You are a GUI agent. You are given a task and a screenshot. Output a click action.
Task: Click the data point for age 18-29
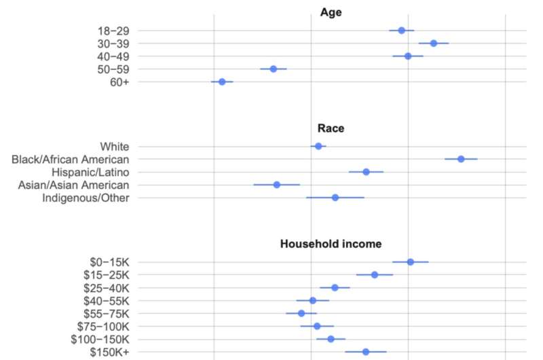pyautogui.click(x=402, y=31)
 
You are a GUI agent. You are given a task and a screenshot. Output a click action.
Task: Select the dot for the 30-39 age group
pyautogui.click(x=434, y=43)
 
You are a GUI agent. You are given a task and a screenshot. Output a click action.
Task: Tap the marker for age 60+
pyautogui.click(x=222, y=82)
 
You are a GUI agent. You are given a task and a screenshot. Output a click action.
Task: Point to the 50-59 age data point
pyautogui.click(x=274, y=69)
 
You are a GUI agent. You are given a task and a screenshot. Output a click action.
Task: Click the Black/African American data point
pyautogui.click(x=461, y=159)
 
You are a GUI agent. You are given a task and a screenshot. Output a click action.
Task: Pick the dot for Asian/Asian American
pyautogui.click(x=277, y=185)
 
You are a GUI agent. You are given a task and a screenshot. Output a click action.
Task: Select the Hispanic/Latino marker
pyautogui.click(x=366, y=172)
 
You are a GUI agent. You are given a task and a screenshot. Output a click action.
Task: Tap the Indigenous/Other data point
pyautogui.click(x=335, y=198)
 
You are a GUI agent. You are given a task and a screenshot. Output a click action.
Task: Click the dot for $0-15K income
pyautogui.click(x=411, y=262)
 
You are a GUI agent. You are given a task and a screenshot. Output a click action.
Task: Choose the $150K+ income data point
pyautogui.click(x=366, y=352)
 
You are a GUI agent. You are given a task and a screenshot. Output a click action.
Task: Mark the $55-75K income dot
pyautogui.click(x=301, y=313)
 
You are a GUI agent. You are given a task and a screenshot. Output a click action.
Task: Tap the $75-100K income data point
pyautogui.click(x=317, y=326)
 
